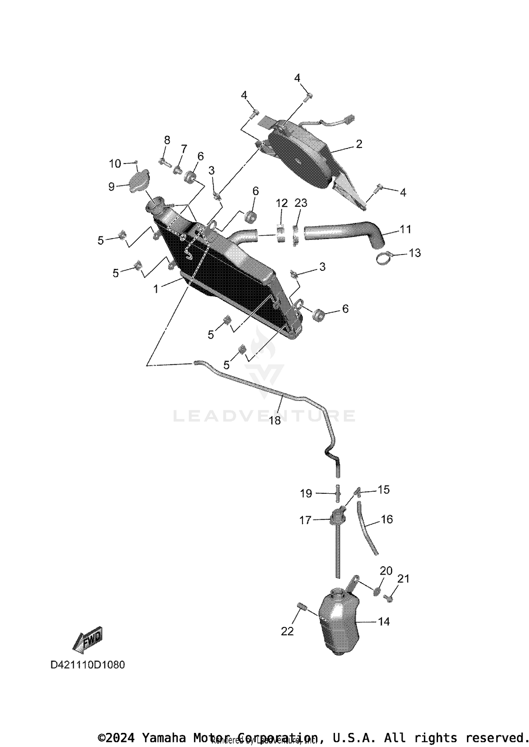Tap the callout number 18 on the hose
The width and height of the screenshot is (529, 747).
click(275, 420)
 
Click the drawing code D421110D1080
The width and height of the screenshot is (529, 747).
click(88, 665)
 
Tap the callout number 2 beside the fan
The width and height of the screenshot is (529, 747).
click(359, 144)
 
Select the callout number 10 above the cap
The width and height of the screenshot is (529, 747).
click(115, 163)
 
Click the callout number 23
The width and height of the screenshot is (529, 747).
click(301, 203)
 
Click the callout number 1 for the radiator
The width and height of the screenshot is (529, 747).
click(156, 289)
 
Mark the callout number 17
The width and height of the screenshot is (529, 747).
click(305, 520)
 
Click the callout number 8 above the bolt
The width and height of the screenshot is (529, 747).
click(167, 140)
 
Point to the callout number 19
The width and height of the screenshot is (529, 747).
click(306, 493)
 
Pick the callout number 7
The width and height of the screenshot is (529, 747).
click(183, 149)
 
